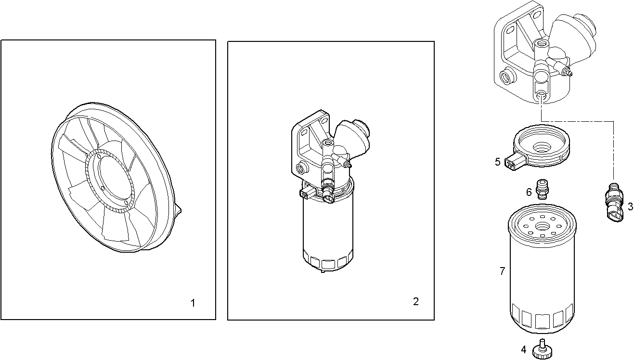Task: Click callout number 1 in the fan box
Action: pos(193,303)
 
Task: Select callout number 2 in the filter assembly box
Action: pos(416,302)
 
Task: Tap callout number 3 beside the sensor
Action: pos(630,207)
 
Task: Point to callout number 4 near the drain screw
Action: pos(523,349)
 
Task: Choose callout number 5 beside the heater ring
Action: pos(498,162)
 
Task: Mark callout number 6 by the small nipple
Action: pos(529,192)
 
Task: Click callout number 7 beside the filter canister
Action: pos(502,271)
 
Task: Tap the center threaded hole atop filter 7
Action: pos(542,223)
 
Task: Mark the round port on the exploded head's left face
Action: pos(506,76)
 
